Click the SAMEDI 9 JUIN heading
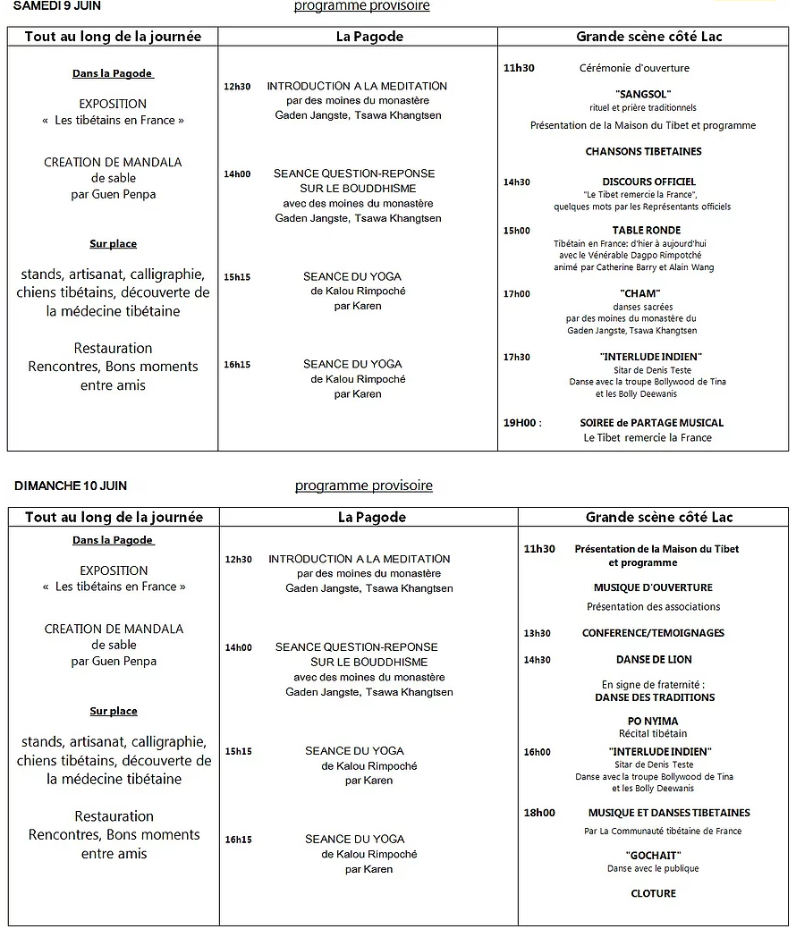tap(56, 5)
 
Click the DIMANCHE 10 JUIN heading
tap(71, 486)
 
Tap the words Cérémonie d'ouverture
tap(634, 68)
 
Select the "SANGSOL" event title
tap(643, 94)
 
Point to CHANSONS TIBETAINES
tap(643, 151)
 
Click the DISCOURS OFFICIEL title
tap(648, 182)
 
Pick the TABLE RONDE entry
tap(646, 230)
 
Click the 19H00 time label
tap(522, 423)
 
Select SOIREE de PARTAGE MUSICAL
tap(651, 423)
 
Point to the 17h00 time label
tap(516, 293)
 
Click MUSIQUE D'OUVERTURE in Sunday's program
tap(653, 587)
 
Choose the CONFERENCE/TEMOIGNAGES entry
tap(653, 633)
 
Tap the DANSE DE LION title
tap(654, 660)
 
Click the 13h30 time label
tap(537, 633)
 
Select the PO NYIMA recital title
tap(653, 721)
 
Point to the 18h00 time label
tap(538, 813)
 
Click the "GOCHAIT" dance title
tap(653, 855)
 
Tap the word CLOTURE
tap(653, 893)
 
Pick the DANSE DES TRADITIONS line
tap(655, 697)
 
